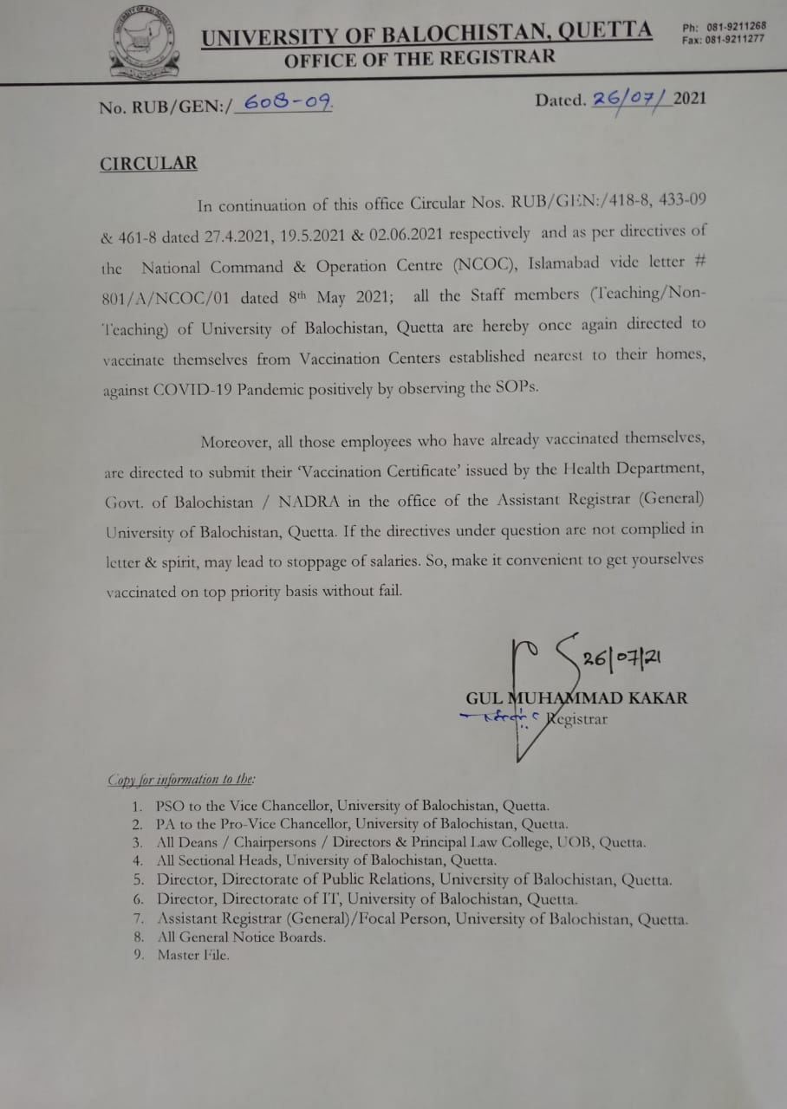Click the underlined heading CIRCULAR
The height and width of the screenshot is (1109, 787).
[148, 163]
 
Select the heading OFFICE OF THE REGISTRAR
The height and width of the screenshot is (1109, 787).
[420, 59]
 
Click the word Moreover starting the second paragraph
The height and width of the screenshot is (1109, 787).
[235, 441]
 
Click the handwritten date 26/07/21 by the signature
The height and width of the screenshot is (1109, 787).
[622, 658]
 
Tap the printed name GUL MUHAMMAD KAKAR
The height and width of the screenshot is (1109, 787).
[576, 697]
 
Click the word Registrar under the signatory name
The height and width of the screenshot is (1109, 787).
[576, 718]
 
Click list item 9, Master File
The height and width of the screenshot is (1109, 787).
[193, 955]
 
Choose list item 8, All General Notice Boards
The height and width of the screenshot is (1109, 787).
[241, 937]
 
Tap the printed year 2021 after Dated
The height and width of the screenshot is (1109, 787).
[690, 97]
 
